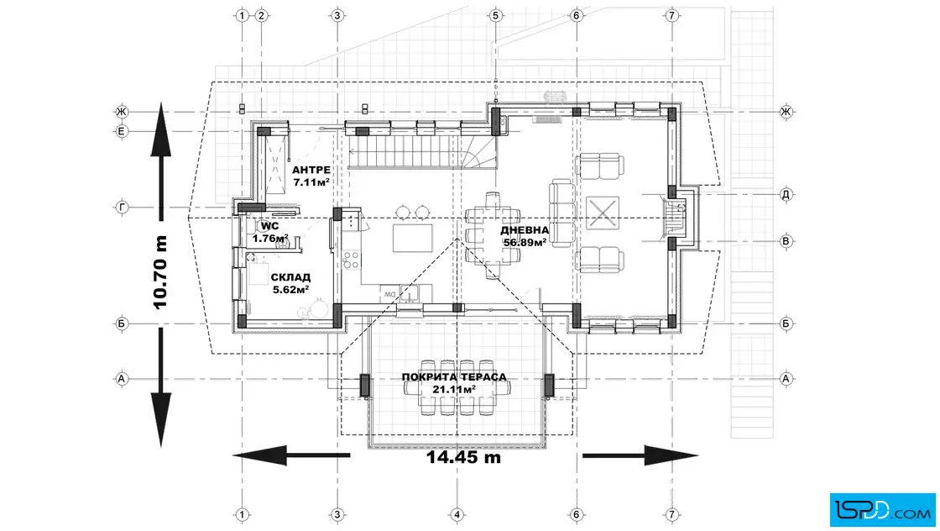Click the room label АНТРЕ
pos(311,171)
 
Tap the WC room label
pos(269,226)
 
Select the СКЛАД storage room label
pos(290,277)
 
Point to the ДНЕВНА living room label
pos(525,230)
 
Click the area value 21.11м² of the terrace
pos(454,389)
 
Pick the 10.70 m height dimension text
pos(160,271)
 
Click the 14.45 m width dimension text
pos(463,457)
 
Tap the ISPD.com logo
pos(882,510)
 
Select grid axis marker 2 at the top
pos(261,16)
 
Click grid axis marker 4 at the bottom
pos(457,514)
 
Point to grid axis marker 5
pos(495,16)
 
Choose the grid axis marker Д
pos(786,194)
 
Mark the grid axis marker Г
pos(122,208)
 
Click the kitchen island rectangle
pos(412,239)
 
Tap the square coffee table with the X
pos(603,213)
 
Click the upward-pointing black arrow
pos(160,161)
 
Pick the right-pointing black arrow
pos(640,455)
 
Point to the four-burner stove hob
pos(352,260)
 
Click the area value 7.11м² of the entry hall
pos(311,181)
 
